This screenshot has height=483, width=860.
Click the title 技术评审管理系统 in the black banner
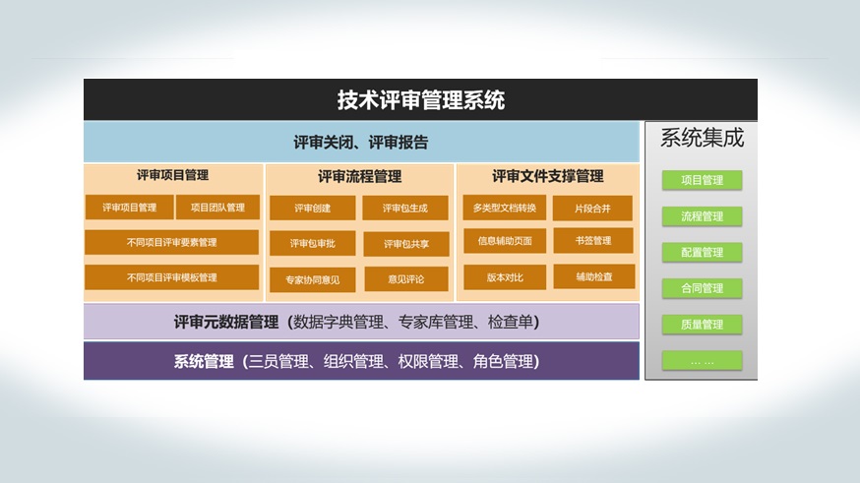click(421, 100)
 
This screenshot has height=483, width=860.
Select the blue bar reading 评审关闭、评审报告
click(361, 142)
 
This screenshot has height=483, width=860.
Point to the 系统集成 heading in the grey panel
click(702, 138)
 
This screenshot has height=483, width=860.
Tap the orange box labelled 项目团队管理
click(217, 208)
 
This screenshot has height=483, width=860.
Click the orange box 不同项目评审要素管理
click(171, 242)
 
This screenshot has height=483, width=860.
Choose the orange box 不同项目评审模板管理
click(171, 277)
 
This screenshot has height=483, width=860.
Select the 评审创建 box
click(313, 209)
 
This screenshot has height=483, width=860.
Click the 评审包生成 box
click(405, 209)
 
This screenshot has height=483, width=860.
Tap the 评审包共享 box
click(405, 244)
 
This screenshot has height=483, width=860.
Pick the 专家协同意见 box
click(313, 279)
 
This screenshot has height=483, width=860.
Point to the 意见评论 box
click(406, 279)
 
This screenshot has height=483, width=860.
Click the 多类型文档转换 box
click(505, 208)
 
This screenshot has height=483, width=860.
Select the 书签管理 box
click(593, 241)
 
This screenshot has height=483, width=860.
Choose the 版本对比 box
click(505, 277)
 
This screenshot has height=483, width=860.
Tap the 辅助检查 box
click(594, 276)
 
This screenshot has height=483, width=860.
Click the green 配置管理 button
click(702, 252)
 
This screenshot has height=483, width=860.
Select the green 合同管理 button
click(702, 288)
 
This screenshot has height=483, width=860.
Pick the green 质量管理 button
click(702, 325)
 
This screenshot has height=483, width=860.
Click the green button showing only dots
click(702, 361)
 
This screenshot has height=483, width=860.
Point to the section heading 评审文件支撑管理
click(548, 176)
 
